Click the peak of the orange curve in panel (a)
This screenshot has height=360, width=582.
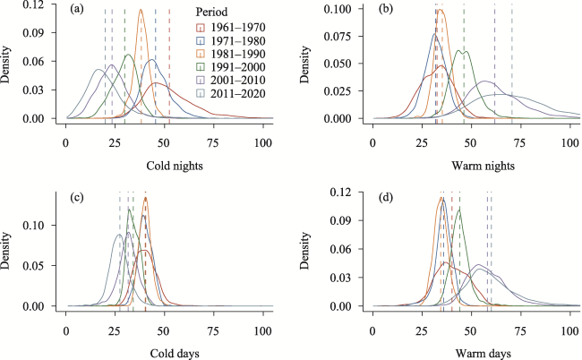(x=141, y=11)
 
